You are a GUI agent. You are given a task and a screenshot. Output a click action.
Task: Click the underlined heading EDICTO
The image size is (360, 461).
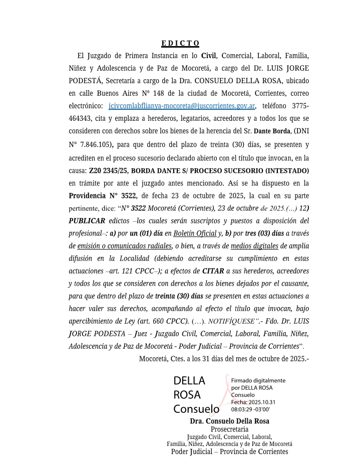click(x=180, y=43)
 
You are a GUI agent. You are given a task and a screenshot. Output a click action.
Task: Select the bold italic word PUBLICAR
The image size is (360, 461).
click(x=87, y=221)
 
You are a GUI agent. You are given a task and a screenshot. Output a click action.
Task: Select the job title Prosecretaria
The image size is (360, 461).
click(x=229, y=429)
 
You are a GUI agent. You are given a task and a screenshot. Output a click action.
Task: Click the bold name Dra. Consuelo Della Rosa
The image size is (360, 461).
click(x=229, y=421)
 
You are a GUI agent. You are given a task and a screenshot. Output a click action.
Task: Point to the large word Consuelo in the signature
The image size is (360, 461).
click(x=196, y=408)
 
